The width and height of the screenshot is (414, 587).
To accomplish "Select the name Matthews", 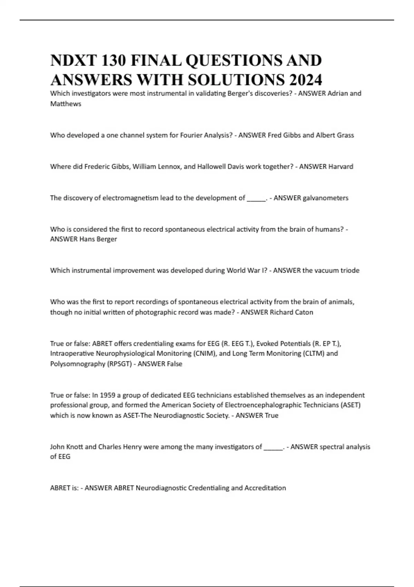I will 66,104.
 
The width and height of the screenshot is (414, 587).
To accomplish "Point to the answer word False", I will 174,364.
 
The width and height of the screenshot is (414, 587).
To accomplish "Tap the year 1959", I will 107,395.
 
